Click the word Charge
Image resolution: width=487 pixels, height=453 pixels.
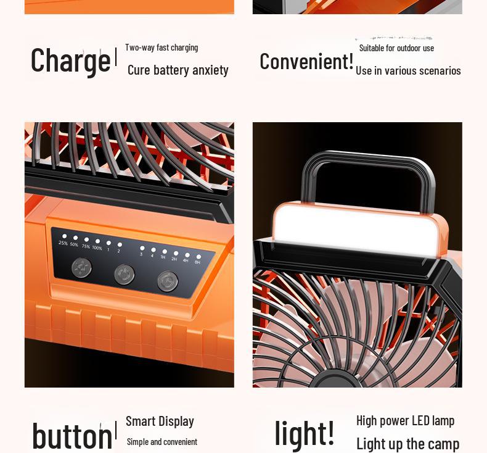click(x=70, y=60)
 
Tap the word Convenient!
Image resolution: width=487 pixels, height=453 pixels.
click(x=306, y=61)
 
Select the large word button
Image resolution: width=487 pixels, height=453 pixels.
click(x=72, y=435)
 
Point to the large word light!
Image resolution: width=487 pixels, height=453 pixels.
click(x=305, y=432)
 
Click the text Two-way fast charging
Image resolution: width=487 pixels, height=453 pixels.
click(x=162, y=48)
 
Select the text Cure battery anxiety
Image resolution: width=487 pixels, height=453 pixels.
click(x=178, y=70)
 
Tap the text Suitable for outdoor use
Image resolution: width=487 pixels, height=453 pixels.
click(x=396, y=48)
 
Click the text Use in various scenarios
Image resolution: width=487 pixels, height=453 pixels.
click(x=408, y=70)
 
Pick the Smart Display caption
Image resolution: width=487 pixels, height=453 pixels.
click(x=160, y=421)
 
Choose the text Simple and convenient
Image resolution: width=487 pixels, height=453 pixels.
click(x=162, y=441)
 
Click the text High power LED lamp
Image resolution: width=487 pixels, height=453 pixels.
click(x=405, y=420)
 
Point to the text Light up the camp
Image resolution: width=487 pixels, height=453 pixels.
click(x=407, y=443)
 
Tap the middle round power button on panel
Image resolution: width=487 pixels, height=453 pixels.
click(x=125, y=274)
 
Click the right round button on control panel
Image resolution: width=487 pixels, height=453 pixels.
click(x=167, y=281)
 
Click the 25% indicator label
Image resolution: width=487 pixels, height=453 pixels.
click(x=63, y=243)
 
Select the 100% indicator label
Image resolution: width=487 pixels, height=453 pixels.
click(x=97, y=247)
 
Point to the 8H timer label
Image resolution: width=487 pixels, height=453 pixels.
click(x=197, y=262)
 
